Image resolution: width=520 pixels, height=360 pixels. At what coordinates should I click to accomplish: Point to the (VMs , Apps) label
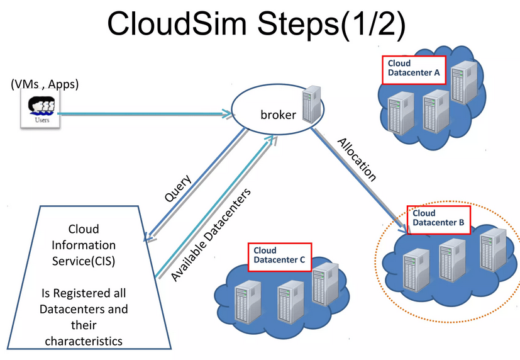(x=45, y=83)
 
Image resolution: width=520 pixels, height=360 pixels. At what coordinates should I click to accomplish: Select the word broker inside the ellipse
(x=278, y=115)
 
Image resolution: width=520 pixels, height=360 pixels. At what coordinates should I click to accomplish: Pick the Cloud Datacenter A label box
(x=413, y=69)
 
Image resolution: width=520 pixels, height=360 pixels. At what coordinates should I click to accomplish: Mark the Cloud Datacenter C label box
(x=280, y=256)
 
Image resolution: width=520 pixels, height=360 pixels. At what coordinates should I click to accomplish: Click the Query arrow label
(x=178, y=188)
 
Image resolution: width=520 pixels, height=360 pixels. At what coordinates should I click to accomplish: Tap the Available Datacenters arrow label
(x=211, y=234)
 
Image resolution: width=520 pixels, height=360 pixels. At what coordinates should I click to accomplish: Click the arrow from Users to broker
(x=145, y=114)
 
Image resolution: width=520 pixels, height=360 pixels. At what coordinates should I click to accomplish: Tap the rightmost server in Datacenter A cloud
(x=463, y=82)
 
